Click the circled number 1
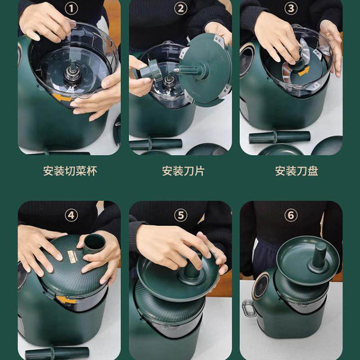tap(71, 9)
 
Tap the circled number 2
tap(181, 9)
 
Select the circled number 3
tap(291, 9)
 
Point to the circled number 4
tap(71, 215)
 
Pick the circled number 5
tap(181, 215)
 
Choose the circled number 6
tap(291, 215)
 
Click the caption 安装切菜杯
tap(70, 171)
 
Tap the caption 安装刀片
tap(183, 171)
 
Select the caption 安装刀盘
tap(297, 171)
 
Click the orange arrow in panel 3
tap(304, 71)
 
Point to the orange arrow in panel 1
tap(61, 97)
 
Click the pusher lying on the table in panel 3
tap(279, 137)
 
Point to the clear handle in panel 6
tap(248, 308)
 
